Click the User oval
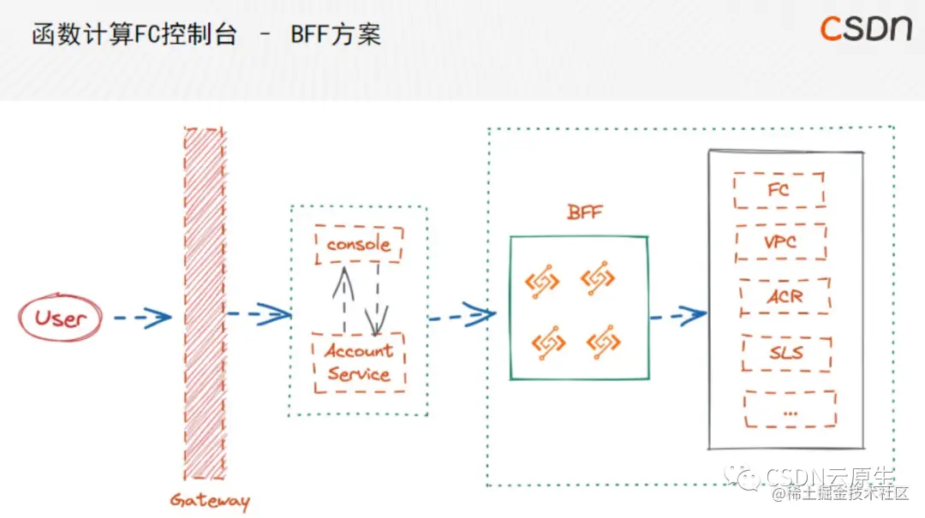coord(60,319)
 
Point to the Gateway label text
coord(209,501)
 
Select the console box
coord(358,245)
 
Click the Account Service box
coord(359,363)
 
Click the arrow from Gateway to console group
coord(258,314)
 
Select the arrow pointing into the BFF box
coord(462,315)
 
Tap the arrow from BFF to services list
coord(677,316)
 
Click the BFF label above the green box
coord(584,211)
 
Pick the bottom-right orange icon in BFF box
coord(603,342)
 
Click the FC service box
coord(779,190)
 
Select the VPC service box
coord(780,242)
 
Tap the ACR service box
coord(784,297)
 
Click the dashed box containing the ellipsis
coord(790,409)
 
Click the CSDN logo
coord(866,28)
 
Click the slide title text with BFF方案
coord(206,35)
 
